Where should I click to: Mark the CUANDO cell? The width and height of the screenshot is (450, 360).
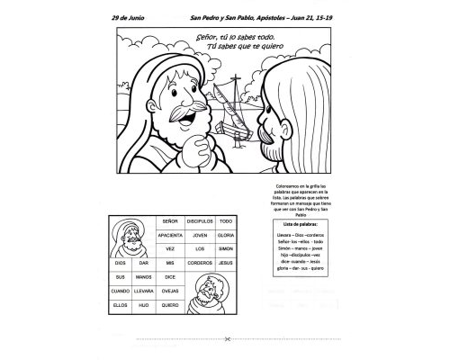point(120,291)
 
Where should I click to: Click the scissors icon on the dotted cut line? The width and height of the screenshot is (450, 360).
point(229,339)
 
